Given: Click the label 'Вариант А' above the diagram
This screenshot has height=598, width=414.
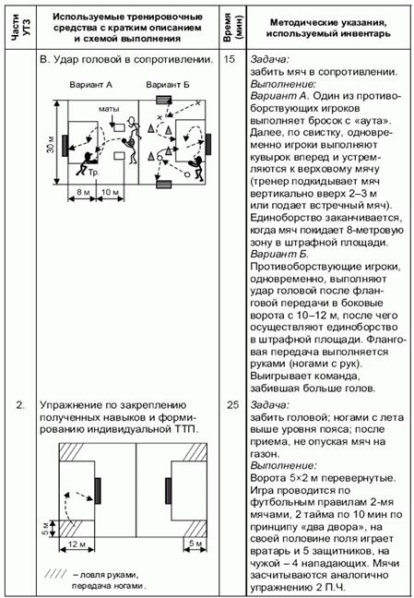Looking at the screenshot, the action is tap(90, 85).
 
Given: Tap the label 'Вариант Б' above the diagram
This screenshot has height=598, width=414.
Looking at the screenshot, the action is tap(168, 85).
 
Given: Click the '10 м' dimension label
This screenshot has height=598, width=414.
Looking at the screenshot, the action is tap(111, 192).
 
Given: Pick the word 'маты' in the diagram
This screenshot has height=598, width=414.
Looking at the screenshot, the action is tap(109, 110).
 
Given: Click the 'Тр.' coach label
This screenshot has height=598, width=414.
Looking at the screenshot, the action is tap(93, 173).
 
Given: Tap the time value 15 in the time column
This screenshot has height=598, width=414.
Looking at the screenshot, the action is tap(230, 59).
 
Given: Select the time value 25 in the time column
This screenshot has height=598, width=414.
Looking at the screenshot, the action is tap(232, 405).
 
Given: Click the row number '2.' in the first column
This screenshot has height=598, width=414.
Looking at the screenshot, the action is tap(20, 405).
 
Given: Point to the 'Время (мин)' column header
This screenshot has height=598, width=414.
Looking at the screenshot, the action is tap(232, 27).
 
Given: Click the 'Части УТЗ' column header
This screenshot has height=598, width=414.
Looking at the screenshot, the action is tap(20, 27).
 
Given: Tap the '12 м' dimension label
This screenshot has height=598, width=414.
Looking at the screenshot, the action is tap(77, 544).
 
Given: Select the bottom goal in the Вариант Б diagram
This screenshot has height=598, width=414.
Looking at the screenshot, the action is tap(164, 185).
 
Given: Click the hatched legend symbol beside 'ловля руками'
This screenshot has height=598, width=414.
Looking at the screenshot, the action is tap(55, 574).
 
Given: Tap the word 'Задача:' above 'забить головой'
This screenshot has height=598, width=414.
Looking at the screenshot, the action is tap(270, 404).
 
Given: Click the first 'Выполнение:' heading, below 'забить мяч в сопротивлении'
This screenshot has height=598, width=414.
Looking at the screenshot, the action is tap(283, 84).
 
